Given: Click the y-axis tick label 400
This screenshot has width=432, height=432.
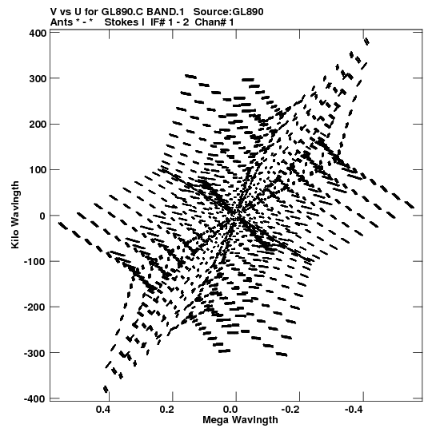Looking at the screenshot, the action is click(x=38, y=33).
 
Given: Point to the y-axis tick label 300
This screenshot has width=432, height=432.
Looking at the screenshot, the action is click(x=38, y=78).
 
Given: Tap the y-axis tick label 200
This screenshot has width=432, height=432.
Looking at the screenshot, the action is click(x=38, y=125).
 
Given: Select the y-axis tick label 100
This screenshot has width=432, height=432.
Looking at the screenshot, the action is click(x=38, y=170).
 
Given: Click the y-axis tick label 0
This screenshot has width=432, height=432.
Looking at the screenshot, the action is click(x=42, y=216).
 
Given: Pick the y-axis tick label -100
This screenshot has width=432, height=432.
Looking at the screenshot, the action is click(x=35, y=261).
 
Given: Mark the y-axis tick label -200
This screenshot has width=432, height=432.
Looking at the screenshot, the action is click(x=35, y=307).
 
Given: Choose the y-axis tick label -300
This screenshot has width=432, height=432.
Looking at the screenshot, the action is click(x=35, y=353).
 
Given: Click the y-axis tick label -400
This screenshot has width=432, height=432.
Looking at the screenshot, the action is click(x=35, y=398).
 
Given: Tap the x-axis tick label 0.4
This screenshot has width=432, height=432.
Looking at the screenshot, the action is click(x=103, y=410).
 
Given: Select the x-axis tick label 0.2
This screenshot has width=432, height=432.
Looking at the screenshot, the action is click(x=166, y=410).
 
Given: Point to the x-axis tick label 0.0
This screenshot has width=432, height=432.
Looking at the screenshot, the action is click(x=230, y=410).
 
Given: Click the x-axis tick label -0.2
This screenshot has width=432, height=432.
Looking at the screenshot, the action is click(x=291, y=410).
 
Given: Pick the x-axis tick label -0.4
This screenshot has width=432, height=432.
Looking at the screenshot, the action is click(x=354, y=410).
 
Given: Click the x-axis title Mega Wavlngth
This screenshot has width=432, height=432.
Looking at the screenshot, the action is click(x=240, y=420).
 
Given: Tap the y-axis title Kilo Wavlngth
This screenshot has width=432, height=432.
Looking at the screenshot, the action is click(x=15, y=215).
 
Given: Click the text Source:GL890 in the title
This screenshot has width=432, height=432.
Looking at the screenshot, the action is click(x=228, y=12).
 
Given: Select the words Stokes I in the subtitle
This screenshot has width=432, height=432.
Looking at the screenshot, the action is click(x=125, y=22).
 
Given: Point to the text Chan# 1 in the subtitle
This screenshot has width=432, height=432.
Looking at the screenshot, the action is click(x=214, y=22).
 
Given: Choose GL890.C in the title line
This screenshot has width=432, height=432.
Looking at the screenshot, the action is click(x=123, y=12).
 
